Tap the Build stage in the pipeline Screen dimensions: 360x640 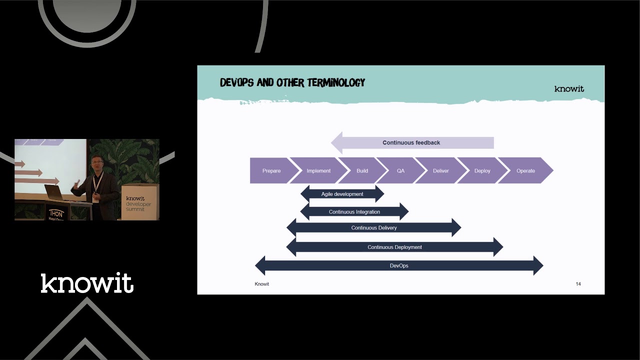coord(362,170)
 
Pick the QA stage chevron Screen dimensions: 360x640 coord(400,170)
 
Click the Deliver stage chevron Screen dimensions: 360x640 coord(440,170)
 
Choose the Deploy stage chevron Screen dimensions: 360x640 coord(482,170)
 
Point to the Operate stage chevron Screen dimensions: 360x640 coord(525,170)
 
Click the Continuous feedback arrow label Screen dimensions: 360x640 coord(411,142)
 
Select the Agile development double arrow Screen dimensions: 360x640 coord(342,194)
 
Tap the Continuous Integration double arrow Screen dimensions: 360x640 coord(354,212)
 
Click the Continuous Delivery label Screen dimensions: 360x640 coord(374,228)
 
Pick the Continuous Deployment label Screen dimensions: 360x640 coord(394,247)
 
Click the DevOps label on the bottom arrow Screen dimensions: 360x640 coord(399,265)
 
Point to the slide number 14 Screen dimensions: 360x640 coord(578,284)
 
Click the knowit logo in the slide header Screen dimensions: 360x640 coord(569,89)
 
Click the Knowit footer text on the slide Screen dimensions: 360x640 coord(261,284)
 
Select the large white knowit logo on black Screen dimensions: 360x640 coord(87,283)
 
